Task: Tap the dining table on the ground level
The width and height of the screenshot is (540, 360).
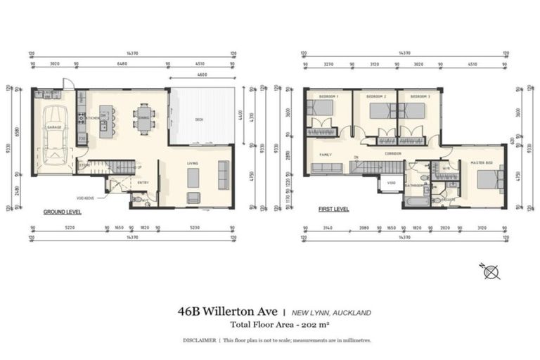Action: coord(143,120)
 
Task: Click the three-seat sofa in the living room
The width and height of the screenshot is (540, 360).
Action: coord(224,174)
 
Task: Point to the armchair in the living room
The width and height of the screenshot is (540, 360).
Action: coord(193,198)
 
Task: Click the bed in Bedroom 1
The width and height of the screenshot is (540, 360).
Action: coord(322,109)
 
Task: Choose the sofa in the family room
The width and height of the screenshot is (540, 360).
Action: coord(326,168)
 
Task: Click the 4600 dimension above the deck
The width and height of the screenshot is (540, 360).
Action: coord(202,75)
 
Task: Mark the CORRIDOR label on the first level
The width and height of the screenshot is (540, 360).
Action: coord(394,154)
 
